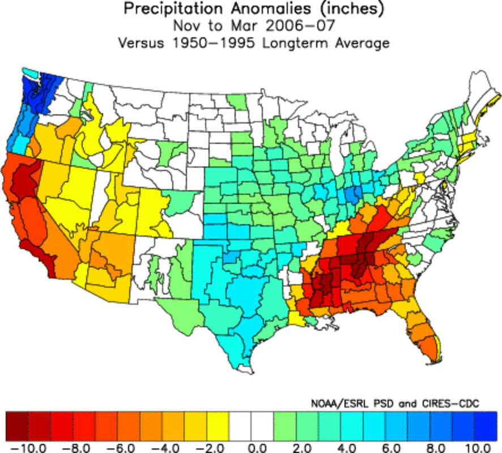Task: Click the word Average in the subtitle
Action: [366, 43]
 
